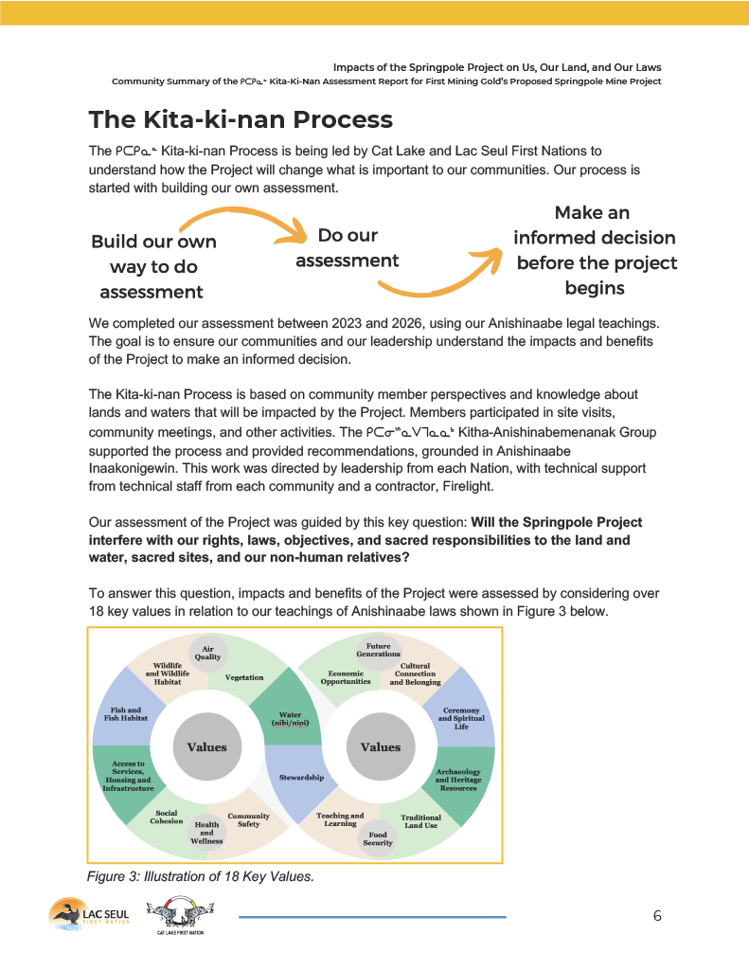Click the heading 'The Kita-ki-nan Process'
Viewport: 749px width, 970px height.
point(241,120)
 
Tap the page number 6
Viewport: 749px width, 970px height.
point(657,915)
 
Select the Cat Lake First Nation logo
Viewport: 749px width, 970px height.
point(180,917)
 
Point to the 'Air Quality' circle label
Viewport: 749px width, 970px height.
point(207,653)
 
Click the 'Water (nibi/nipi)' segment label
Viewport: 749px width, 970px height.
point(290,718)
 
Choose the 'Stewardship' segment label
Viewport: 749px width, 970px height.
point(301,778)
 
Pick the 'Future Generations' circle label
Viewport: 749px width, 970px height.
point(378,650)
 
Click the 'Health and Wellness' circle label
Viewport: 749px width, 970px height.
point(206,831)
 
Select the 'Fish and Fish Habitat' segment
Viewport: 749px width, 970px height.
point(125,713)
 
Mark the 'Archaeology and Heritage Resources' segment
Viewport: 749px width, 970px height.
point(458,780)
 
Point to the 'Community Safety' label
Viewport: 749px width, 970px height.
point(248,819)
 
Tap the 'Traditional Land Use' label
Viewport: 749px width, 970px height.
point(420,821)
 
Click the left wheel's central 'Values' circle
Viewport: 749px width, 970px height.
point(206,746)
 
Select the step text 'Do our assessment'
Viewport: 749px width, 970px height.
point(348,247)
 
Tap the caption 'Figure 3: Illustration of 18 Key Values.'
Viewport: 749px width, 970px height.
point(200,877)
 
